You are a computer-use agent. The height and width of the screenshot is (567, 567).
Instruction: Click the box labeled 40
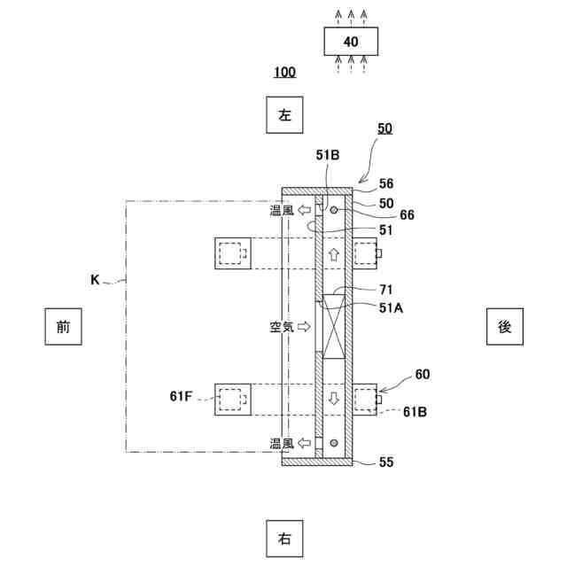(351, 42)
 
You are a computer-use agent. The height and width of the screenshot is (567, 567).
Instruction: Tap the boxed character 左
(284, 114)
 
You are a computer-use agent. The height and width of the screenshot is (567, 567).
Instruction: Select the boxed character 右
(284, 538)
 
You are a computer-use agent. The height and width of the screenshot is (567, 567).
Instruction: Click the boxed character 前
(63, 326)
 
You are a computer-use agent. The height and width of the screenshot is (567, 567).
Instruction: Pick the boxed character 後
(504, 326)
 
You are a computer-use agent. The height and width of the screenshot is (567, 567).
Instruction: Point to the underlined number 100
(284, 72)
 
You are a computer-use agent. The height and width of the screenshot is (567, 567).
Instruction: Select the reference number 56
(386, 184)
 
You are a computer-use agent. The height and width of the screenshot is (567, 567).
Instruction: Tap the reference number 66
(407, 214)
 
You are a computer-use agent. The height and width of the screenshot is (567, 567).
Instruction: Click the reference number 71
(386, 289)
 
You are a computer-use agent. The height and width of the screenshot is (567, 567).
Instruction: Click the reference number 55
(386, 462)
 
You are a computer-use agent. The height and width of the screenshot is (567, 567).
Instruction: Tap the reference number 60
(422, 375)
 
